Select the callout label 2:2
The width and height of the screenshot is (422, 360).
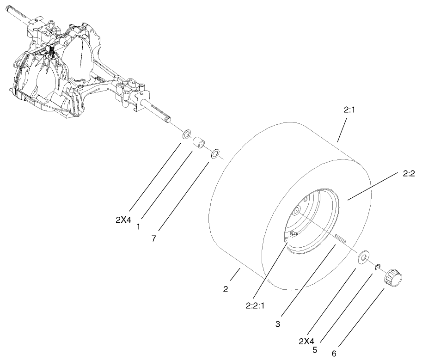[409, 174]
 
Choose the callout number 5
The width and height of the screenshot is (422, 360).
[315, 350]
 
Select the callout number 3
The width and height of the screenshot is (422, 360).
[278, 324]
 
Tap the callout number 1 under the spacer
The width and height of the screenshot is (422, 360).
[138, 228]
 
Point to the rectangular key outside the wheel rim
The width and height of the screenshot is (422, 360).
[342, 238]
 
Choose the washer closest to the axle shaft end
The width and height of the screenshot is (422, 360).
[186, 134]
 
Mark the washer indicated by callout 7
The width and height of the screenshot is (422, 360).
[216, 153]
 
